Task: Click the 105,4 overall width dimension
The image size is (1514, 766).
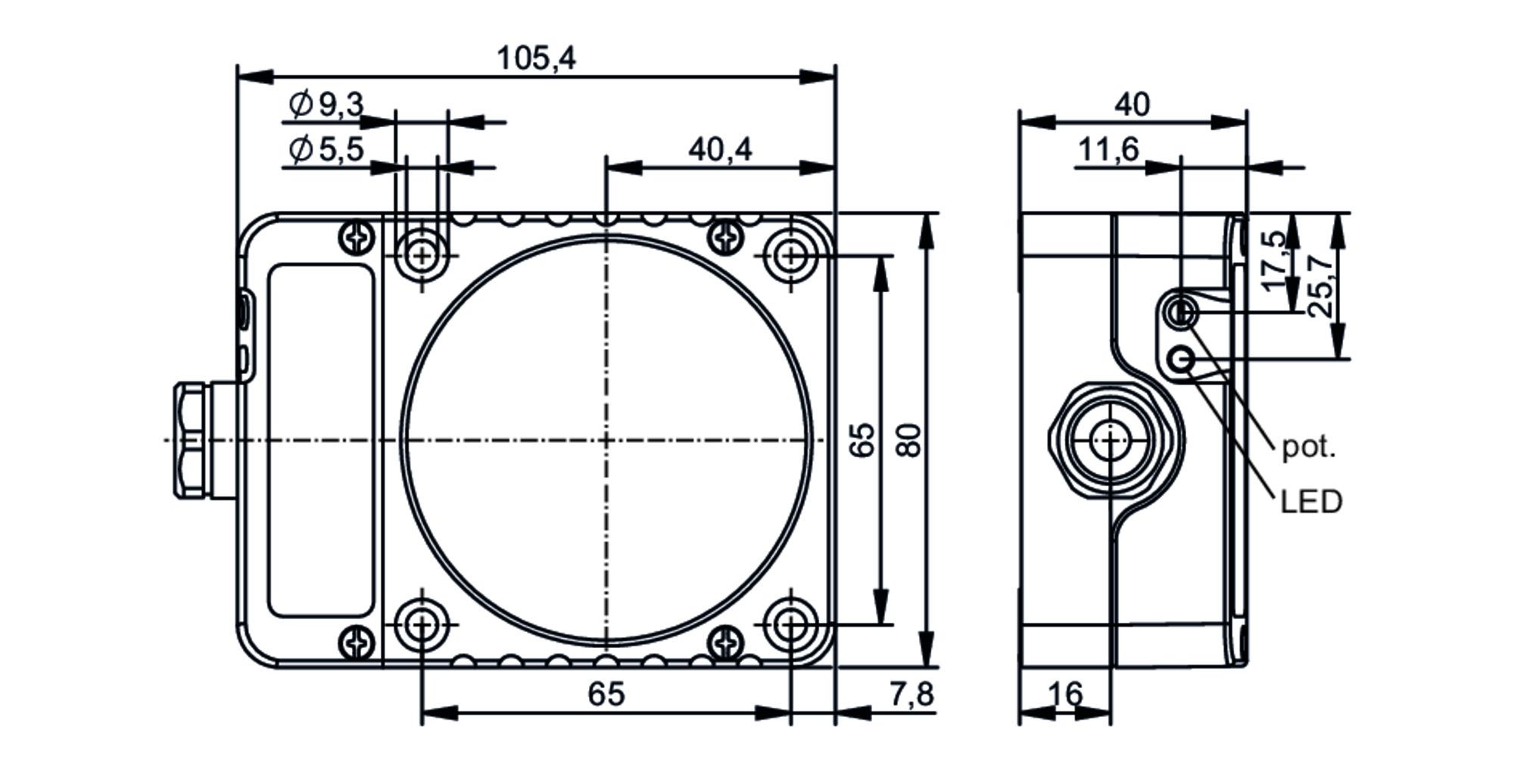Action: pyautogui.click(x=535, y=58)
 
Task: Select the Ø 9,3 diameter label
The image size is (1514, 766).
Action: pyautogui.click(x=326, y=104)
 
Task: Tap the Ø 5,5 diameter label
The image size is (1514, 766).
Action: pyautogui.click(x=326, y=150)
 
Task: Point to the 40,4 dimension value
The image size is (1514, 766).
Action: pyautogui.click(x=720, y=149)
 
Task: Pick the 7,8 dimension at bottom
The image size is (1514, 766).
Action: pyautogui.click(x=911, y=694)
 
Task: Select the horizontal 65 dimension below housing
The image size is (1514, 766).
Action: pyautogui.click(x=606, y=694)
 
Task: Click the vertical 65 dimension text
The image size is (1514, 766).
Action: pyautogui.click(x=862, y=440)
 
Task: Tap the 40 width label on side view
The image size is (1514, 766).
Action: pyautogui.click(x=1132, y=104)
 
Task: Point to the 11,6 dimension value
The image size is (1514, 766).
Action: pyautogui.click(x=1107, y=150)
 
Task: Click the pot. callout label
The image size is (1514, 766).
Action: pyautogui.click(x=1309, y=447)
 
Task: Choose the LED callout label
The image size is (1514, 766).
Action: pyautogui.click(x=1311, y=502)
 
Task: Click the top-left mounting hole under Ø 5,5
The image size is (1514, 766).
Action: pyautogui.click(x=422, y=256)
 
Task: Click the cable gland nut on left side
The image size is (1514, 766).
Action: pyautogui.click(x=189, y=441)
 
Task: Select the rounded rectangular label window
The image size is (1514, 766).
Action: pyautogui.click(x=322, y=440)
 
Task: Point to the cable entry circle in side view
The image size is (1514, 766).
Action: pyautogui.click(x=1110, y=441)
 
